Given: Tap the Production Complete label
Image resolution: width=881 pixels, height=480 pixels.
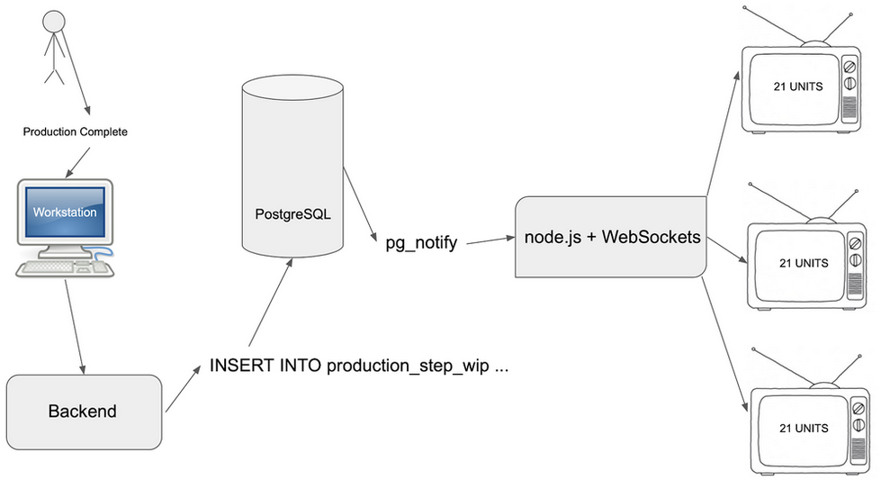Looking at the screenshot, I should tap(75, 131).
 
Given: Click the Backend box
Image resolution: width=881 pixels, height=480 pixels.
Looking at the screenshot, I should tap(83, 412).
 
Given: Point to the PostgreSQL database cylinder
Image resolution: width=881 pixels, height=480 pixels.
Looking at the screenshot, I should tap(292, 167).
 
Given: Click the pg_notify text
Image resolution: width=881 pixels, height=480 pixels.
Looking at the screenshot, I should tap(421, 242).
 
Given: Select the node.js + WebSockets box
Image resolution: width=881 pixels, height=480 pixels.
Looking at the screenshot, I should tap(613, 238).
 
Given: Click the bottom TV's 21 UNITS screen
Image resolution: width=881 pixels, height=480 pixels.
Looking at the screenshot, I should tap(799, 427).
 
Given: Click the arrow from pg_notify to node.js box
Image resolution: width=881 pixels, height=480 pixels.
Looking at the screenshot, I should tap(487, 240).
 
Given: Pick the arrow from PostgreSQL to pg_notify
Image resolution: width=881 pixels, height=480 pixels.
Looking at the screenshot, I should tap(360, 205).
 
